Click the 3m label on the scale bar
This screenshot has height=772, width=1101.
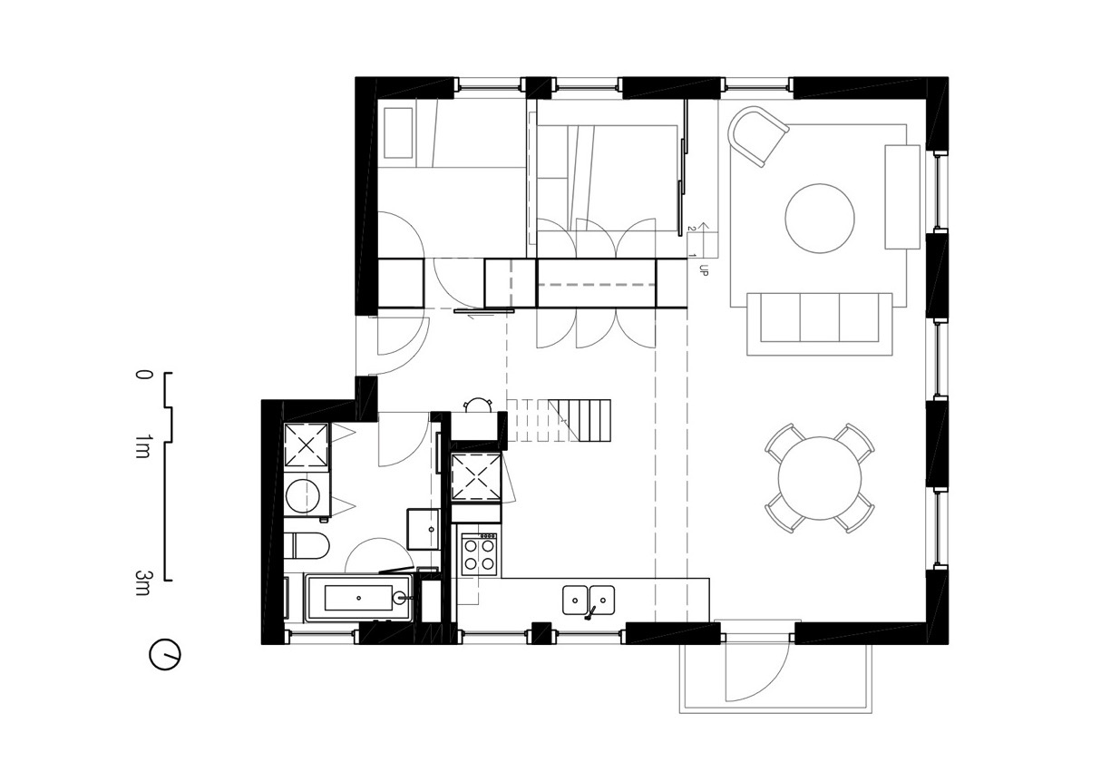tap(141, 582)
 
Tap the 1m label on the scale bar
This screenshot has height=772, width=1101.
tap(141, 445)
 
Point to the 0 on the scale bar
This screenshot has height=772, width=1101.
tap(141, 374)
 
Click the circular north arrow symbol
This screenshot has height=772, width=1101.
tap(165, 654)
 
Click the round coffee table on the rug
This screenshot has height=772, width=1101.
tap(819, 219)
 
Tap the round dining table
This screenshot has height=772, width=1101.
tap(820, 478)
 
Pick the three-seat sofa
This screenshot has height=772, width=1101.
tap(819, 323)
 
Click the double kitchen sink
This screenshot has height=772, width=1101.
tap(589, 601)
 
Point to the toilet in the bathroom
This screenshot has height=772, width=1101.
tap(305, 547)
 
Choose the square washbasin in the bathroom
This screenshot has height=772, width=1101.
tap(423, 528)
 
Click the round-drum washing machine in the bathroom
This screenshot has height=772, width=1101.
tap(305, 495)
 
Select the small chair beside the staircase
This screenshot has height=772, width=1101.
tap(478, 407)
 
